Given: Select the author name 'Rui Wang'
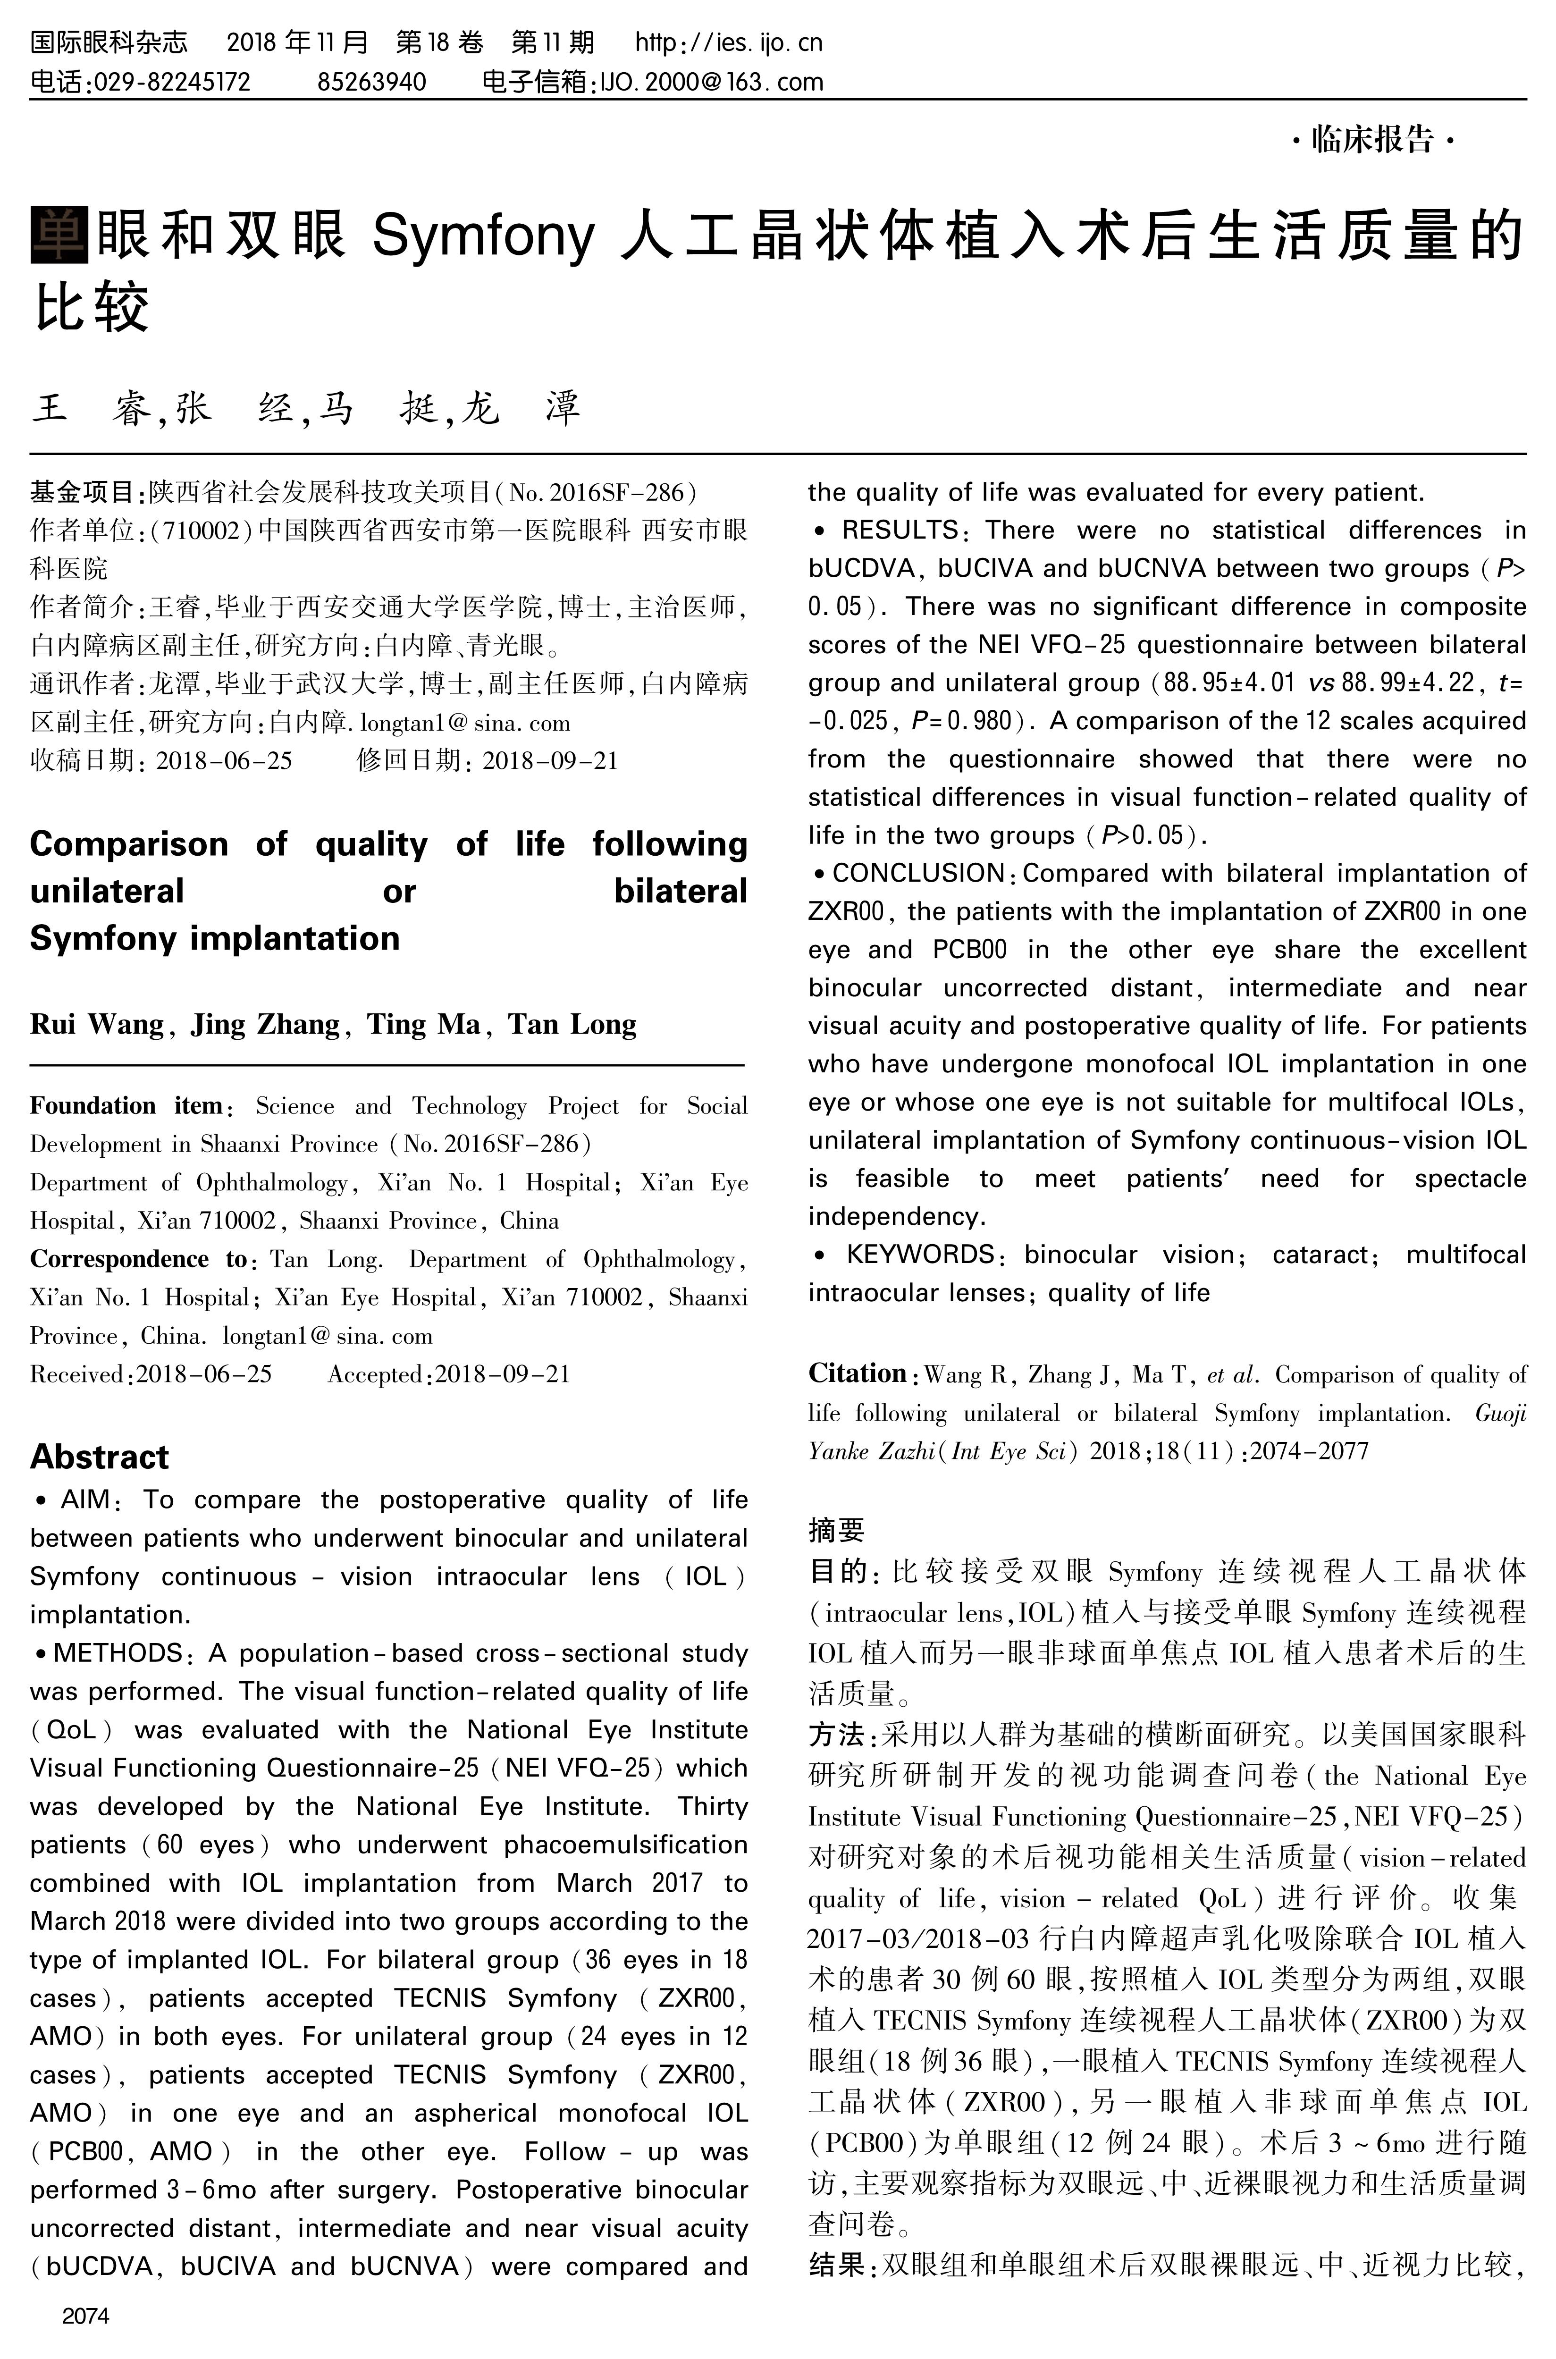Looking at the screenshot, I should pyautogui.click(x=96, y=1024).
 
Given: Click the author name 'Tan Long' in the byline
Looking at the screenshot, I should pyautogui.click(x=572, y=1024).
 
